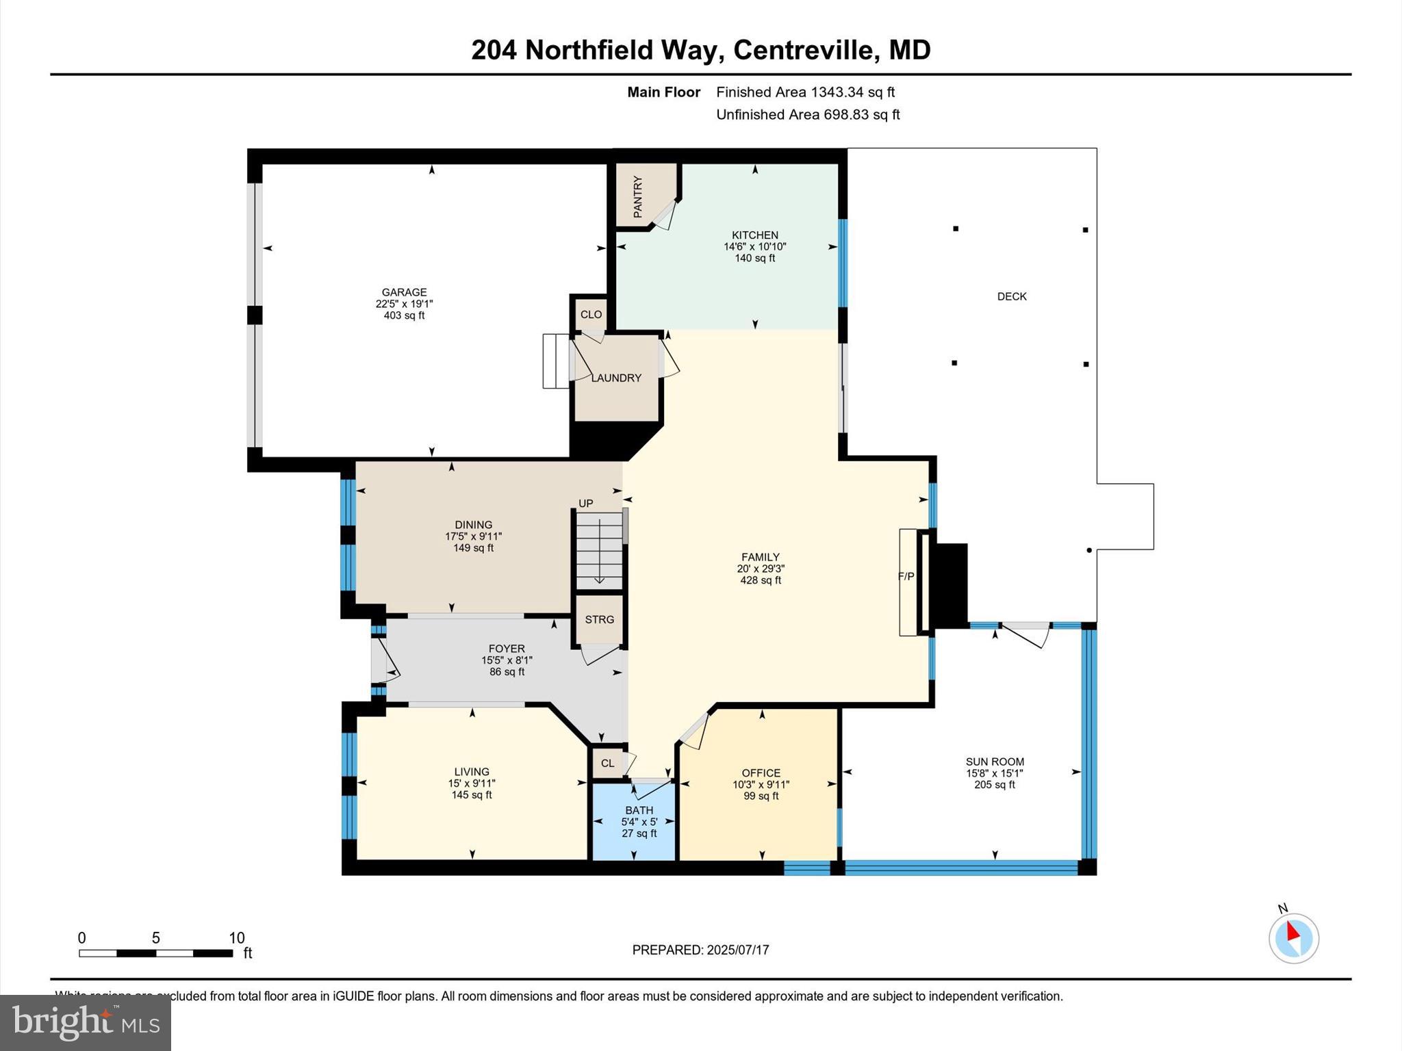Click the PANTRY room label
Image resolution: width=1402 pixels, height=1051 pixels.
click(x=638, y=197)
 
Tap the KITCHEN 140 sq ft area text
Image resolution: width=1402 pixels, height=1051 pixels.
click(x=754, y=259)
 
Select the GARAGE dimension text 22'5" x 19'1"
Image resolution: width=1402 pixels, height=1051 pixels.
click(x=404, y=304)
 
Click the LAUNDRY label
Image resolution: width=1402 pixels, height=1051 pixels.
click(x=616, y=378)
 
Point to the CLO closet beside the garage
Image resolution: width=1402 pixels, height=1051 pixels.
click(x=591, y=315)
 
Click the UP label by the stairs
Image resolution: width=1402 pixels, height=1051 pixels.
click(x=586, y=504)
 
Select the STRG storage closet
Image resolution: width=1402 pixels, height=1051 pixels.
click(x=599, y=619)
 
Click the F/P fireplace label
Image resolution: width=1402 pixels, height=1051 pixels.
click(x=906, y=577)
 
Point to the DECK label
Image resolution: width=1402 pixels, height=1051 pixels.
click(x=1012, y=296)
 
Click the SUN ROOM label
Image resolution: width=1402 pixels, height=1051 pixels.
click(x=995, y=762)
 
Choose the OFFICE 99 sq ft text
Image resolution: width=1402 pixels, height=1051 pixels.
click(x=761, y=796)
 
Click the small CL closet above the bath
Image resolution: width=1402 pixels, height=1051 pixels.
click(x=607, y=763)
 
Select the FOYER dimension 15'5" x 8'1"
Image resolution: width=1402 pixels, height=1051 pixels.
click(x=507, y=660)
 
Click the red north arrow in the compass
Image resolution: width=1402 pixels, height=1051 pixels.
click(x=1292, y=931)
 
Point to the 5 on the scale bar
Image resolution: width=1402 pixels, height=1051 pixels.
click(x=155, y=938)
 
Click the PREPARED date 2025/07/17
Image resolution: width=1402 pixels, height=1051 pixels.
click(x=738, y=950)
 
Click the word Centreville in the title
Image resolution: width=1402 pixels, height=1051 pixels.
click(x=806, y=50)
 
